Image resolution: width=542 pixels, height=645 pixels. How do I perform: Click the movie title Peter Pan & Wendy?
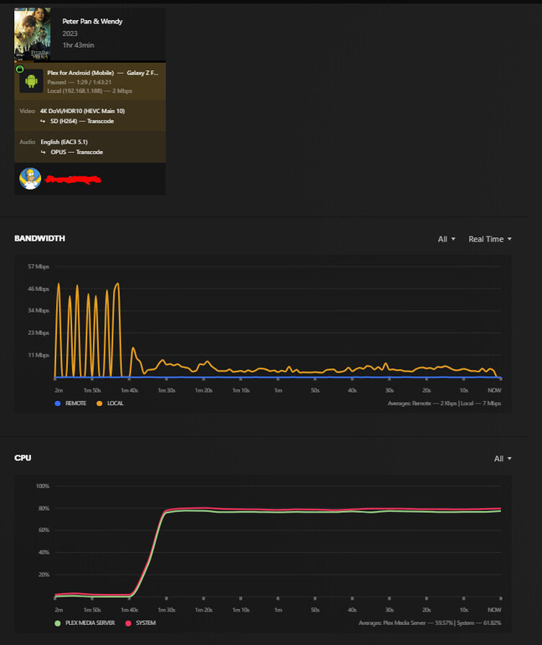pyautogui.click(x=92, y=21)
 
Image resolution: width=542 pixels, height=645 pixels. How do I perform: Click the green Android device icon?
pyautogui.click(x=31, y=80)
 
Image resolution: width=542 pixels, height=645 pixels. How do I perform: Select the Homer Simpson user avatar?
pyautogui.click(x=30, y=179)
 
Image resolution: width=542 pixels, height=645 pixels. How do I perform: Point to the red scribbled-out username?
pyautogui.click(x=73, y=179)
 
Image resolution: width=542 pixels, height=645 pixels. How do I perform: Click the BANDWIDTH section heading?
pyautogui.click(x=39, y=239)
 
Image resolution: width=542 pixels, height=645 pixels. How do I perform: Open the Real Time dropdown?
pyautogui.click(x=489, y=239)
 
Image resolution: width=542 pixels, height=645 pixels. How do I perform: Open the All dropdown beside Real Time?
pyautogui.click(x=447, y=239)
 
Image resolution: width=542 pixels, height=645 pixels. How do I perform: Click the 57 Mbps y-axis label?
pyautogui.click(x=39, y=267)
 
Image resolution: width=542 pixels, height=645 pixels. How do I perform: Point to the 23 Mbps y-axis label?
pyautogui.click(x=39, y=333)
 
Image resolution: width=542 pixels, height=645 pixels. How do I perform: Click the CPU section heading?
pyautogui.click(x=23, y=458)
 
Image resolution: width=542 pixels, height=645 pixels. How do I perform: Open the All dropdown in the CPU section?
pyautogui.click(x=502, y=458)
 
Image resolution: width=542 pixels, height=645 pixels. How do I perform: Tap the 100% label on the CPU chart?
pyautogui.click(x=43, y=485)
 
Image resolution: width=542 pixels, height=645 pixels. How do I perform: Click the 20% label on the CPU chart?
pyautogui.click(x=44, y=575)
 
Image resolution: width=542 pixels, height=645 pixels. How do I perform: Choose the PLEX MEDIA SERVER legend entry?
pyautogui.click(x=87, y=622)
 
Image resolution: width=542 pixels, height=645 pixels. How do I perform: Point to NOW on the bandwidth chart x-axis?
pyautogui.click(x=494, y=389)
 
